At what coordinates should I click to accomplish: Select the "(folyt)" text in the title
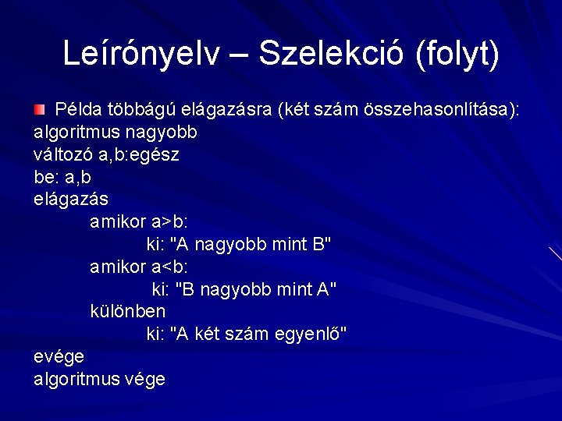pyautogui.click(x=457, y=54)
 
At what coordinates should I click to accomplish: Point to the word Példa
pyautogui.click(x=79, y=109)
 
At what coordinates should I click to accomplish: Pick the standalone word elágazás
pyautogui.click(x=71, y=200)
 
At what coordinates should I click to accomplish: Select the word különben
pyautogui.click(x=128, y=311)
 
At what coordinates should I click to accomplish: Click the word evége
pyautogui.click(x=59, y=356)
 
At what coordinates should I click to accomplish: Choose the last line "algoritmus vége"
pyautogui.click(x=100, y=379)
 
